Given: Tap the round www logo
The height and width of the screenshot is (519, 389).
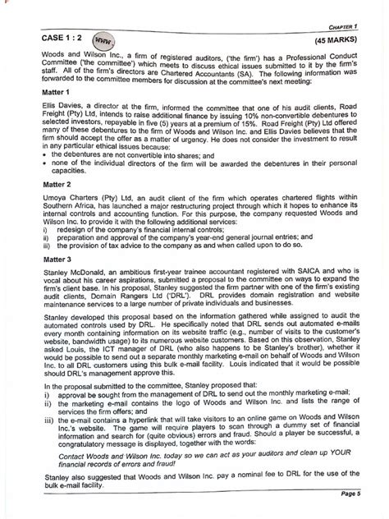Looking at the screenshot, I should click(x=102, y=39).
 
